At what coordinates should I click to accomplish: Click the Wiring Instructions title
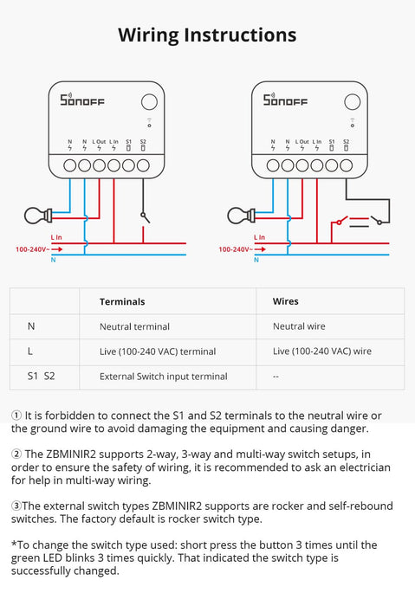[207, 35]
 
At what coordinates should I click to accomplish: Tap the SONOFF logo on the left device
[81, 101]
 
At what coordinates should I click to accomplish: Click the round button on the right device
[351, 101]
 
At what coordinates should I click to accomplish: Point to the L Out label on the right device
[302, 141]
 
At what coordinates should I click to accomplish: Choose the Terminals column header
[122, 301]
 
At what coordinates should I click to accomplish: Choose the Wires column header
[285, 301]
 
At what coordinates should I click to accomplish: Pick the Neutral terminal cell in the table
[134, 326]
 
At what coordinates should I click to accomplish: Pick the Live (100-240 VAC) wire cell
[321, 351]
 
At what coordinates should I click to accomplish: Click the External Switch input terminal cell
[164, 377]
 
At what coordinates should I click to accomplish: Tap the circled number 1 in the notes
[16, 416]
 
